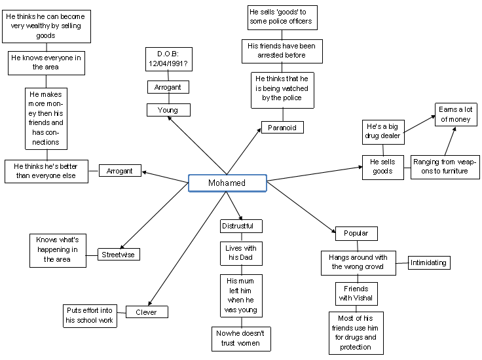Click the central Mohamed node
coord(227,183)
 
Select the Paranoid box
coord(282,128)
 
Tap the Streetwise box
coord(119,254)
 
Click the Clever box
coord(147,312)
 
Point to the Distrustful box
coord(241,226)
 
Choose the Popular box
coord(356,233)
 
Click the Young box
coord(168,110)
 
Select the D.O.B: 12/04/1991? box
coord(168,59)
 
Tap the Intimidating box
coord(429,263)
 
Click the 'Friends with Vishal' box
coord(356,293)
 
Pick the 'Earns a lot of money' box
coord(456,114)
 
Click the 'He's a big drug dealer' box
coord(383,131)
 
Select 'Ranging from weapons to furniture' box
coord(445,166)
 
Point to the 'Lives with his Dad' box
coord(241,253)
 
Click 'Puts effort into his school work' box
coord(90,315)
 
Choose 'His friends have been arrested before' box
coord(281,51)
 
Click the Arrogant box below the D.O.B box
coord(168,87)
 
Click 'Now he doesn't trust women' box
coord(241,338)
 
